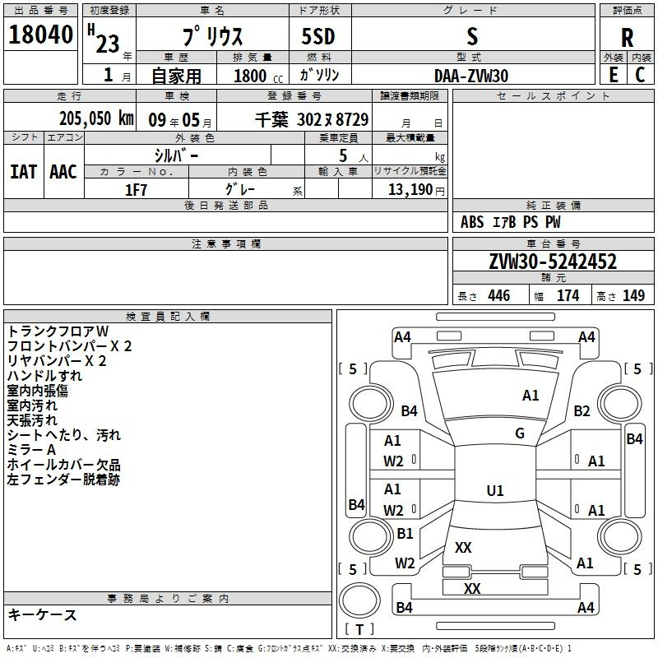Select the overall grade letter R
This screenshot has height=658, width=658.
pyautogui.click(x=627, y=38)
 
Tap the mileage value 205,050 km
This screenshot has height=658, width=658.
pyautogui.click(x=97, y=118)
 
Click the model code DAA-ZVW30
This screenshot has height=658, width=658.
pyautogui.click(x=471, y=76)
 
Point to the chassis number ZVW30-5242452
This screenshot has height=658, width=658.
pyautogui.click(x=553, y=262)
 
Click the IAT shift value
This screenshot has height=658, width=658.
pyautogui.click(x=23, y=172)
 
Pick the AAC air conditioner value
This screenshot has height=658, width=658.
pyautogui.click(x=63, y=172)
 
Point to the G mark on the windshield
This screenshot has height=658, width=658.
pyautogui.click(x=520, y=433)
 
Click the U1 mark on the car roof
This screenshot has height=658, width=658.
pyautogui.click(x=495, y=491)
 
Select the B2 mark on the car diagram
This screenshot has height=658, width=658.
pyautogui.click(x=582, y=411)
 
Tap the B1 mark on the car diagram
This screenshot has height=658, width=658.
pyautogui.click(x=405, y=534)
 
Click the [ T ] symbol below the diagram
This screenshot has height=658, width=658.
pyautogui.click(x=359, y=629)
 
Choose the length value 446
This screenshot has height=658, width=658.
pyautogui.click(x=498, y=296)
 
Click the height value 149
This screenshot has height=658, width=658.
pyautogui.click(x=633, y=296)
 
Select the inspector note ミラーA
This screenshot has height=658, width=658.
pyautogui.click(x=31, y=450)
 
